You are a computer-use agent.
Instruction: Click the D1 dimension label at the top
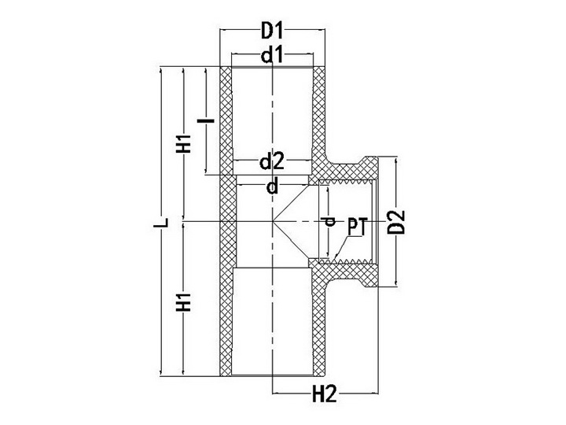pyautogui.click(x=272, y=32)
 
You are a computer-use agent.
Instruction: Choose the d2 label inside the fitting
pyautogui.click(x=272, y=162)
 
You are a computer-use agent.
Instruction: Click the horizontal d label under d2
pyautogui.click(x=272, y=187)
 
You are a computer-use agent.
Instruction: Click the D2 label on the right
pyautogui.click(x=398, y=220)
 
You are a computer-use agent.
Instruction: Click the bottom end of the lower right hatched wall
pyautogui.click(x=320, y=372)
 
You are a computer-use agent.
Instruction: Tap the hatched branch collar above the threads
pyautogui.click(x=346, y=170)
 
